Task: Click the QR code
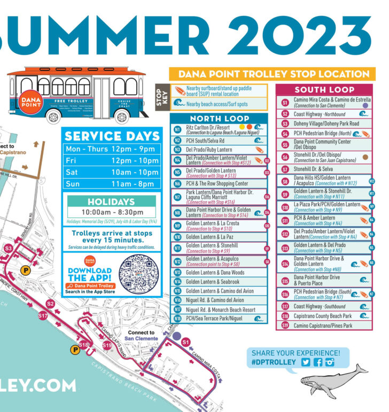pos(138,274)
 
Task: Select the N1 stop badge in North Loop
pos(177,129)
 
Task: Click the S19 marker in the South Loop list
pos(285,325)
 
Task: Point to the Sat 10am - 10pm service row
pos(111,172)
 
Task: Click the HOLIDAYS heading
pos(111,202)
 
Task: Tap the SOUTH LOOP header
pos(324,89)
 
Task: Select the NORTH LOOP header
pos(220,118)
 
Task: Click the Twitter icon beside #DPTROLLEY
pos(306,362)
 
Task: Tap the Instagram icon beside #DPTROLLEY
pos(329,362)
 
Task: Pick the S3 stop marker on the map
pos(9,249)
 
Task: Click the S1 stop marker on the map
pos(186,342)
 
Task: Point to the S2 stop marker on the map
pos(50,304)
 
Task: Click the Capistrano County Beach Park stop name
pos(322,316)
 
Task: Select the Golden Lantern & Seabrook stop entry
pos(213,282)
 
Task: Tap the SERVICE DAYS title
pos(111,136)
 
